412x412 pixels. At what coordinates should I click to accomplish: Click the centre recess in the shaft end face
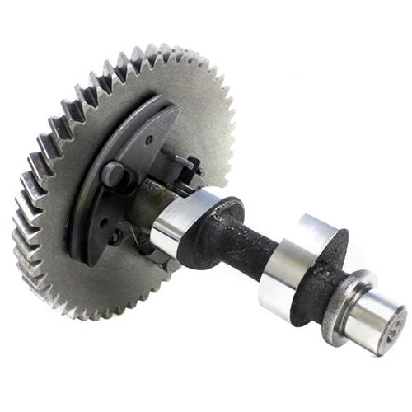(394, 321)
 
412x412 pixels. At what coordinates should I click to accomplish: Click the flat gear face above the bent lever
(198, 107)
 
